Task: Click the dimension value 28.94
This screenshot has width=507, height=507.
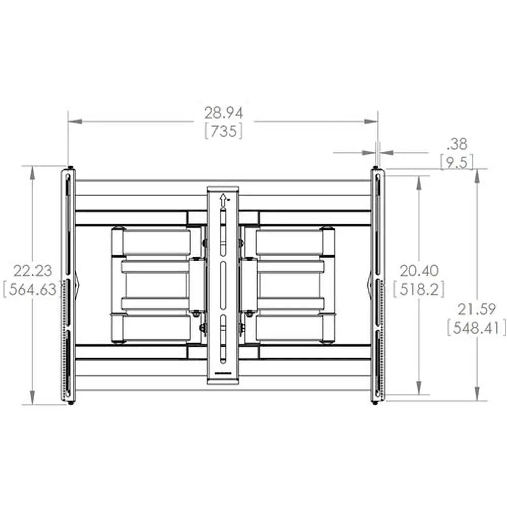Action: click(x=224, y=113)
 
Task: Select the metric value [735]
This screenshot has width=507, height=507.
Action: click(x=224, y=131)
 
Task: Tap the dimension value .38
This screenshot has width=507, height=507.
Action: click(x=457, y=144)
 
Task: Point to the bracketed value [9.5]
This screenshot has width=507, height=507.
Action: click(x=457, y=162)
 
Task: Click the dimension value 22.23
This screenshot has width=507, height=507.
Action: click(x=32, y=270)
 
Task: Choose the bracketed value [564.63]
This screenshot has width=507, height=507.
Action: click(x=32, y=289)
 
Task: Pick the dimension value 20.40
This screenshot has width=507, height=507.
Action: click(x=419, y=270)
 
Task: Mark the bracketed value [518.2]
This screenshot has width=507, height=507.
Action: click(x=419, y=289)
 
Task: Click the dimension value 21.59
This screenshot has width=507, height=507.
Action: click(x=477, y=308)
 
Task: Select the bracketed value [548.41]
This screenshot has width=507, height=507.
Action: click(x=477, y=328)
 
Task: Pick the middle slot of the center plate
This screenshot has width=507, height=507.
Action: click(x=222, y=286)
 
